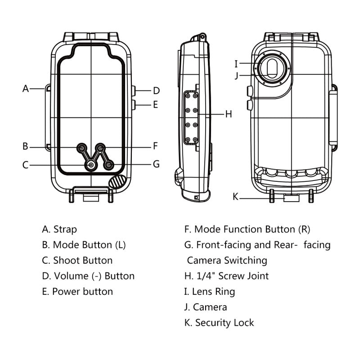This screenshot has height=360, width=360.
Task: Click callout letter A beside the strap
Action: click(x=26, y=89)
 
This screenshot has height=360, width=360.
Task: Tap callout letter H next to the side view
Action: click(x=229, y=114)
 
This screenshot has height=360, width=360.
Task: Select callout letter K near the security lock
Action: click(x=235, y=196)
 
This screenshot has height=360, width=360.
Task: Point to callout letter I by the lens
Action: click(x=236, y=63)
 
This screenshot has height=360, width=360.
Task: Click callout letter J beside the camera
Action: click(x=236, y=75)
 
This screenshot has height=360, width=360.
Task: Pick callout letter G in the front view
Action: click(x=156, y=164)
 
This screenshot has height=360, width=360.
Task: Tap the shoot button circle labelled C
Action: click(x=91, y=166)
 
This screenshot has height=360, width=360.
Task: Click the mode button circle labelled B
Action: click(x=82, y=147)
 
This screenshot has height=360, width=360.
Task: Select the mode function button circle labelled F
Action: click(x=101, y=147)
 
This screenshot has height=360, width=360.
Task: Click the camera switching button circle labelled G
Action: click(x=108, y=166)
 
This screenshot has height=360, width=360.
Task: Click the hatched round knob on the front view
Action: click(x=117, y=182)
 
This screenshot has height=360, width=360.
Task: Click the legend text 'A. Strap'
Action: click(x=59, y=229)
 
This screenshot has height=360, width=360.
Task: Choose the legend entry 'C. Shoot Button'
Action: click(x=77, y=261)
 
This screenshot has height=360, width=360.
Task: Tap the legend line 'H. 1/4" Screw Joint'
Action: click(x=226, y=276)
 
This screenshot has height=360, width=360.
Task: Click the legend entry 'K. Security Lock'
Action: click(x=219, y=323)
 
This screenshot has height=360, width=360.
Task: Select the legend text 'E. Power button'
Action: click(x=77, y=291)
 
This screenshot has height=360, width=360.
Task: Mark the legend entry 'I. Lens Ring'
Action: click(x=210, y=292)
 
